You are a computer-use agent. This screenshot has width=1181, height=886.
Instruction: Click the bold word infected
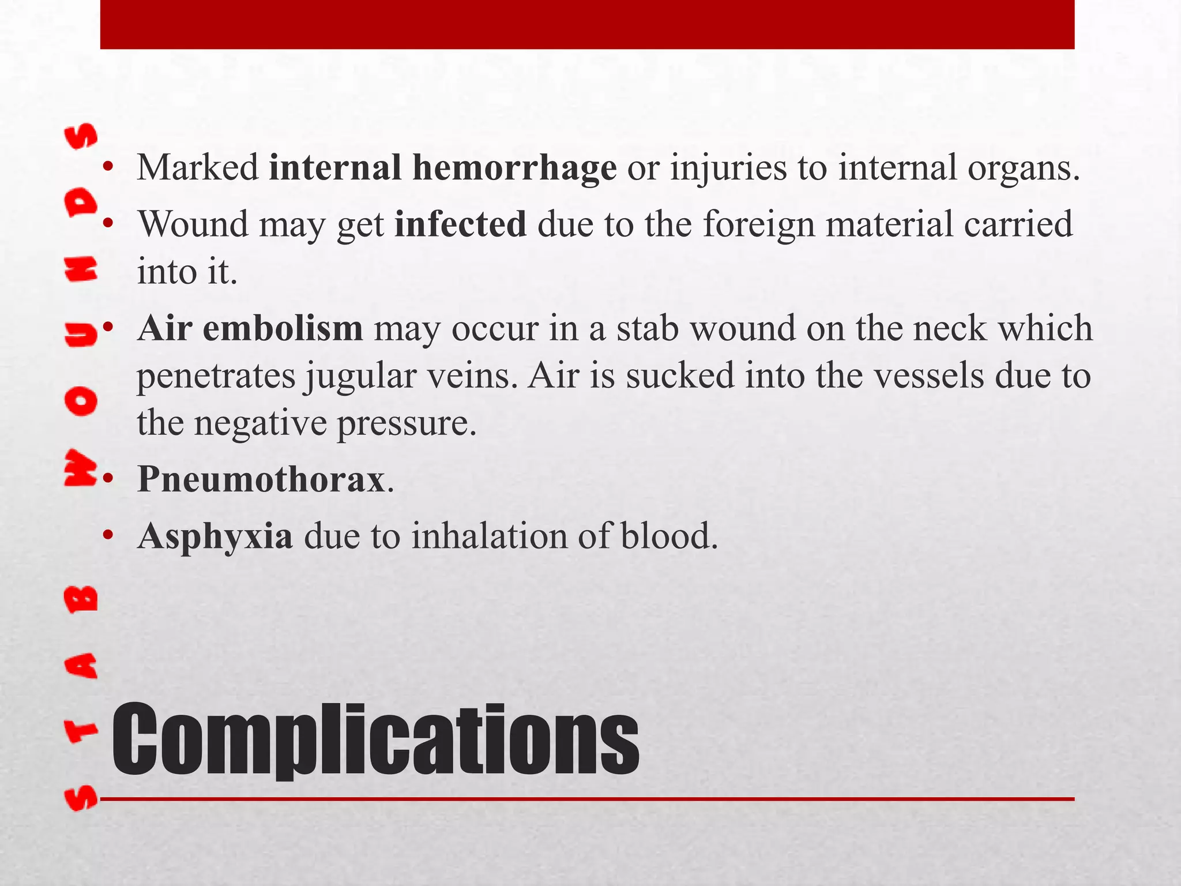[460, 224]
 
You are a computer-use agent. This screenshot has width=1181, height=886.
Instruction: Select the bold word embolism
[283, 328]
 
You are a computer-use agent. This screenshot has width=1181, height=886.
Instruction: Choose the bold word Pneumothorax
[261, 479]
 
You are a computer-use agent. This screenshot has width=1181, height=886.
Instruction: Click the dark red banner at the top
[587, 24]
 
